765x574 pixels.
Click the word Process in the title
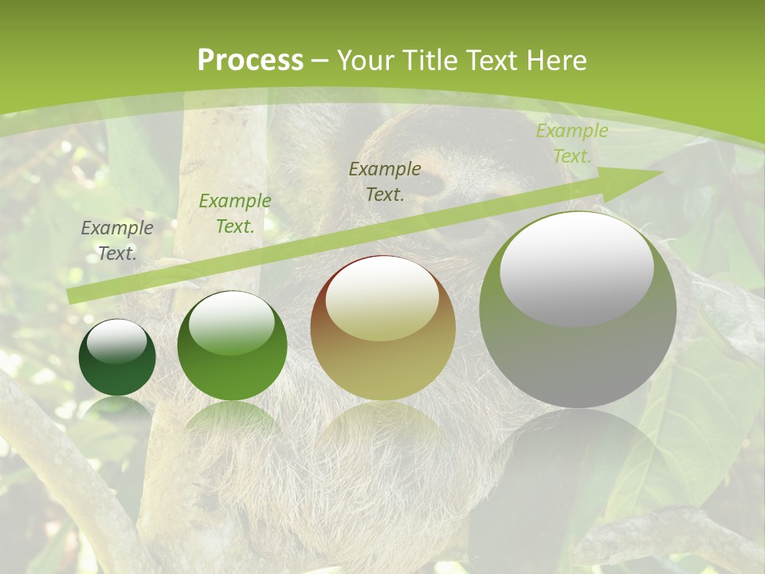(x=250, y=61)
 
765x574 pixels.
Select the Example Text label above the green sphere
(x=234, y=214)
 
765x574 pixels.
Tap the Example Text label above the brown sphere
(x=385, y=181)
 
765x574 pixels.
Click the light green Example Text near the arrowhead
(x=571, y=143)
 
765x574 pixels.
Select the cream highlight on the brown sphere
(x=382, y=299)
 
